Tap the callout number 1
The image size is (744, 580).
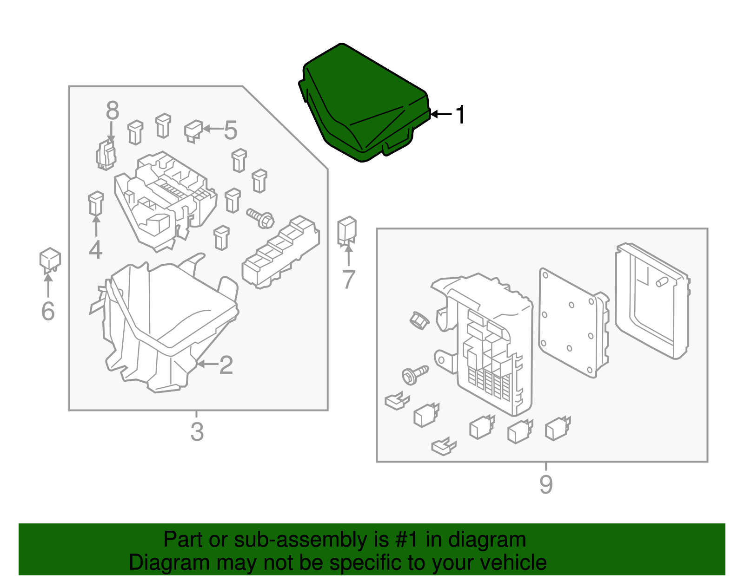(x=460, y=115)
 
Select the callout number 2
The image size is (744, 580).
(x=226, y=365)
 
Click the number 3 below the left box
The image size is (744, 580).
(x=197, y=432)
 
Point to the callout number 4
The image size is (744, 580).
(x=95, y=250)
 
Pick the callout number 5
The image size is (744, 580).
(x=231, y=130)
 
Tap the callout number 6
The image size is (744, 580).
(x=48, y=311)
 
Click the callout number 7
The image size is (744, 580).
(x=348, y=280)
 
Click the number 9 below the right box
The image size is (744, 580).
(x=546, y=484)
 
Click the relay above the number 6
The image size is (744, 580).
(x=50, y=260)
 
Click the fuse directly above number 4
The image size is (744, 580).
(x=96, y=203)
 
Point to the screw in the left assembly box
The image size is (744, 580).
(x=260, y=217)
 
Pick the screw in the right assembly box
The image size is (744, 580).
(x=414, y=374)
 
